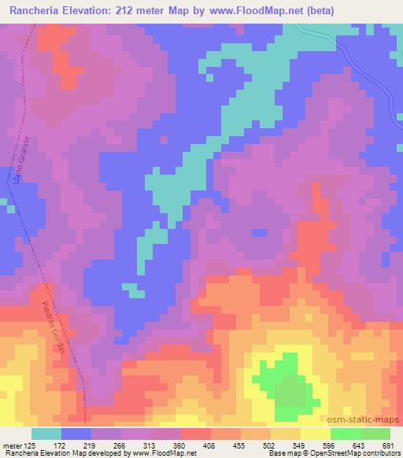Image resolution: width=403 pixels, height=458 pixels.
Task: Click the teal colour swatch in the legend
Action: pyautogui.click(x=46, y=434)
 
